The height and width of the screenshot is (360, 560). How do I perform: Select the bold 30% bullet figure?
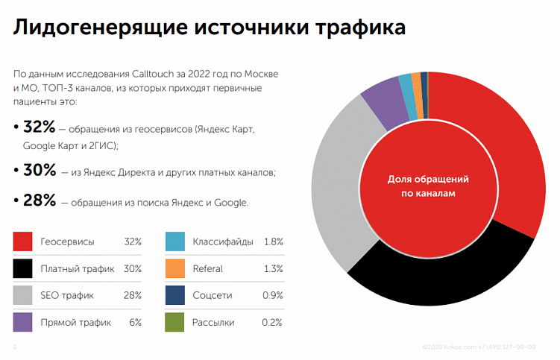40,170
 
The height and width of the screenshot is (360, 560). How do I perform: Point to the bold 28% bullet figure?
40,200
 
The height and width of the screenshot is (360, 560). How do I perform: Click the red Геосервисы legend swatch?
23,241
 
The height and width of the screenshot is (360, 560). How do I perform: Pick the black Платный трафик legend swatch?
23,268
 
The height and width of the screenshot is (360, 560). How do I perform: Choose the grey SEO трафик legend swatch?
23,295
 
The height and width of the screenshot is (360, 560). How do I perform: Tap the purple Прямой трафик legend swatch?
23,322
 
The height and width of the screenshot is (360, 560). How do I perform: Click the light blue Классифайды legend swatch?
174,241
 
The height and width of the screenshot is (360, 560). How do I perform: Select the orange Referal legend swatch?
174,268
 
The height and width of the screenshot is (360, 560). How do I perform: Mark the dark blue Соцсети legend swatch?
174,295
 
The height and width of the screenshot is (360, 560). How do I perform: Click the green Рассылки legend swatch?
174,322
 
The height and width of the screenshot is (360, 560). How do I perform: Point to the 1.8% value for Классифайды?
273,241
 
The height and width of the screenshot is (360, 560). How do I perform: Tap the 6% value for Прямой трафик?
134,322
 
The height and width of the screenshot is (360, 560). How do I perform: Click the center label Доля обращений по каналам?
428,186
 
